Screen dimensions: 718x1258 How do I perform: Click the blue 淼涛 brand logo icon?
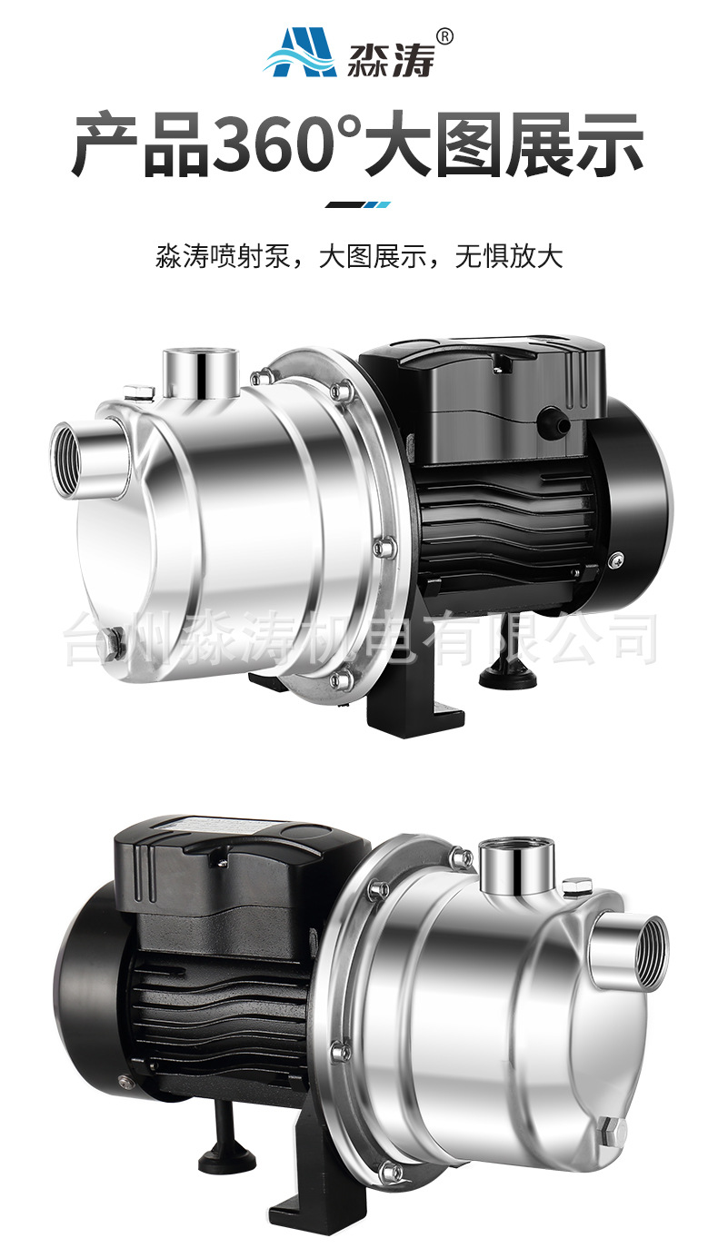pyautogui.click(x=300, y=53)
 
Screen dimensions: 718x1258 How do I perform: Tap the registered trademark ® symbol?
pyautogui.click(x=444, y=36)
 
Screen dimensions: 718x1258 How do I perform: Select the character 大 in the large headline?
pyautogui.click(x=395, y=143)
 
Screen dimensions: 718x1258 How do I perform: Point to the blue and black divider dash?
pyautogui.click(x=358, y=204)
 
